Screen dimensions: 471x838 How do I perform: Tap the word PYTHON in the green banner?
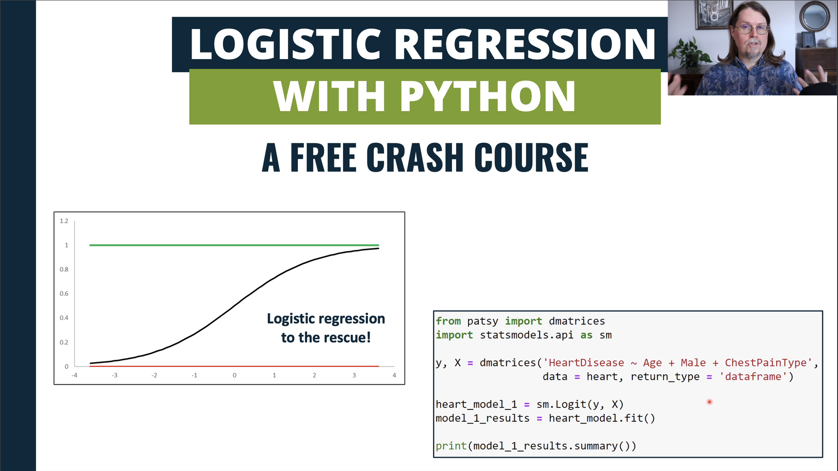coord(487,96)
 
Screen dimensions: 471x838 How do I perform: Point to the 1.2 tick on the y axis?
coord(64,221)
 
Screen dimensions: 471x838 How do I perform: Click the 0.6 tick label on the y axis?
coord(64,294)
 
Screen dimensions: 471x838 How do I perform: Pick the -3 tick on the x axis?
coord(114,375)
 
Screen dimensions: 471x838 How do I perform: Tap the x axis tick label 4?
coord(394,375)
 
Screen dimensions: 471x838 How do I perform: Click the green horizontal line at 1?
coord(234,245)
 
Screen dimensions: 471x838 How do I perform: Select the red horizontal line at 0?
coord(234,366)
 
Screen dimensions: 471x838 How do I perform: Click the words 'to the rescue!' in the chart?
coord(325,338)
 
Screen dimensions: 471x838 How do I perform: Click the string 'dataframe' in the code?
coord(753,377)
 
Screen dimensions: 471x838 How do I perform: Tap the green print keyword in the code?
coord(451,446)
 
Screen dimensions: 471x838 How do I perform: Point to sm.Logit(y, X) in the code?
coord(580,405)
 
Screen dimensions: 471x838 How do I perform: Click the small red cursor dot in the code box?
coord(710,402)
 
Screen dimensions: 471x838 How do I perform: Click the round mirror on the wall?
coord(814,16)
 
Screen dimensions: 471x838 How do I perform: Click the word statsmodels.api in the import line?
coord(526,335)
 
